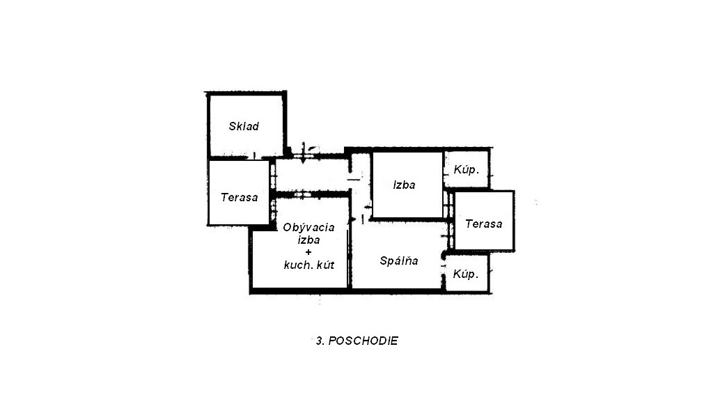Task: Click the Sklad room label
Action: click(x=244, y=126)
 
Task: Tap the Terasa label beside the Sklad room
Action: click(x=240, y=197)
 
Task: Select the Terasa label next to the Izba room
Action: click(x=483, y=224)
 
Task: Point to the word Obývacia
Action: click(x=308, y=228)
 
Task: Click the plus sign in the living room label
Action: click(x=308, y=252)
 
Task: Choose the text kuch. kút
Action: click(x=309, y=265)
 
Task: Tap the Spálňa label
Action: click(x=399, y=260)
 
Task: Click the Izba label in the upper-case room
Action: click(x=404, y=185)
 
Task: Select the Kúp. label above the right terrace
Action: click(x=466, y=170)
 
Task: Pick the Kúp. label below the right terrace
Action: click(x=466, y=274)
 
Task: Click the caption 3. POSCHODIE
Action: click(x=357, y=341)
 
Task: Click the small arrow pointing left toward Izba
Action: click(x=368, y=208)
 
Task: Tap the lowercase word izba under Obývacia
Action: click(x=309, y=240)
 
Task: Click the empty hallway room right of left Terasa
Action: click(x=311, y=175)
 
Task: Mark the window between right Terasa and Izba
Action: click(x=448, y=205)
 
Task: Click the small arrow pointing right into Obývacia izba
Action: click(x=353, y=219)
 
